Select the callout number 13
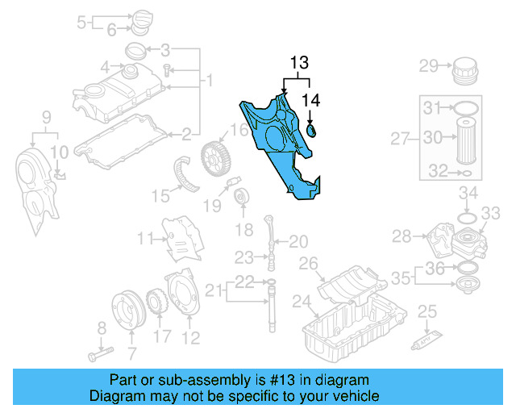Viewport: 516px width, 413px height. (x=299, y=62)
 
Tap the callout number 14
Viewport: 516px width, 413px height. (x=310, y=100)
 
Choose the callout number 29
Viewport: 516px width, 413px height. (x=427, y=65)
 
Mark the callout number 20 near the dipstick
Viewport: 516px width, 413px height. (x=298, y=241)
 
